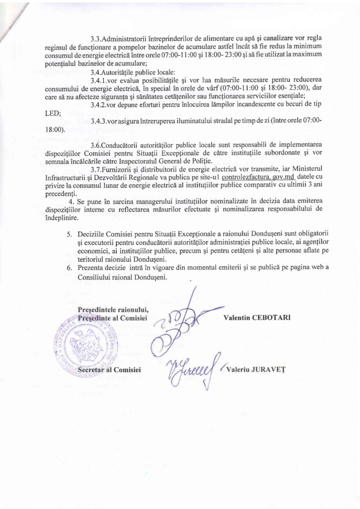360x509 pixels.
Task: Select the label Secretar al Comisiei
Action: (110, 370)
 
